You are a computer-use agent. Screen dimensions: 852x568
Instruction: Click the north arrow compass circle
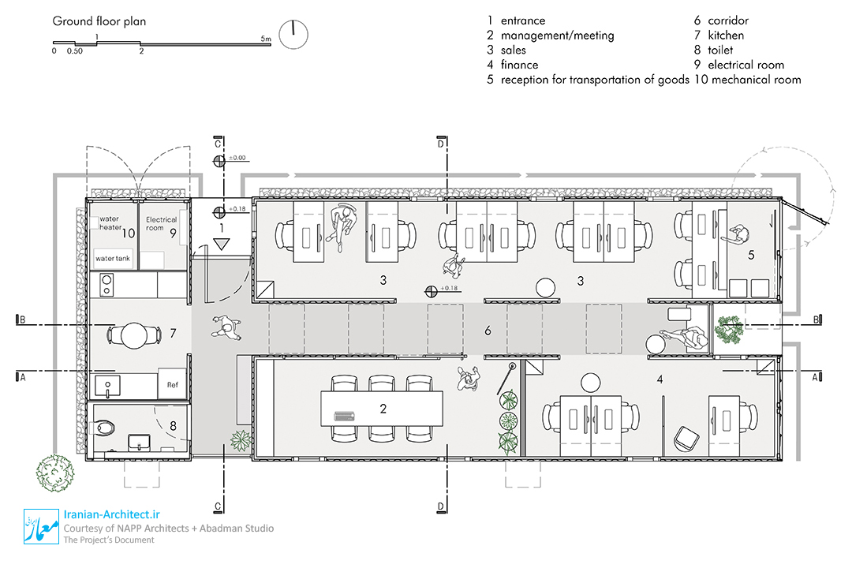click(x=293, y=35)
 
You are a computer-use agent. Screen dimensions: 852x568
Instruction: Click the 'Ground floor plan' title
click(x=99, y=21)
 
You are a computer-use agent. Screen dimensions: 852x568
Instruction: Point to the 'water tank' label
click(x=113, y=258)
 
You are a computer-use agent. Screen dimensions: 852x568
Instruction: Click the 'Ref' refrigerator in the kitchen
click(x=172, y=384)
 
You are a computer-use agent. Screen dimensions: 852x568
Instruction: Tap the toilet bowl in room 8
click(x=104, y=428)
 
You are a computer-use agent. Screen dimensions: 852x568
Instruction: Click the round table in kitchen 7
click(x=133, y=335)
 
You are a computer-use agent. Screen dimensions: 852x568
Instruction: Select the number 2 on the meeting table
click(x=383, y=408)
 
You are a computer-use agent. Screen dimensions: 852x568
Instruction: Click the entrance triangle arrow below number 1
click(x=221, y=244)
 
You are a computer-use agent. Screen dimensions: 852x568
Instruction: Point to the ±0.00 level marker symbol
click(x=219, y=161)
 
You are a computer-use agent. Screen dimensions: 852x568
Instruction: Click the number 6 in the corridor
click(x=488, y=331)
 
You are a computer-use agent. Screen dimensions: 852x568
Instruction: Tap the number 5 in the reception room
click(x=751, y=254)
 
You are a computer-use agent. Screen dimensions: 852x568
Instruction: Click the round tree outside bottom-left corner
click(x=54, y=473)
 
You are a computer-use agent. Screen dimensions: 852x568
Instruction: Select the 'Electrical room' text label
click(x=161, y=223)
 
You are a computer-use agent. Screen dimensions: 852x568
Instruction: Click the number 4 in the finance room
click(x=660, y=379)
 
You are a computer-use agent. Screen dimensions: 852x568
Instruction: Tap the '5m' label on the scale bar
click(x=266, y=39)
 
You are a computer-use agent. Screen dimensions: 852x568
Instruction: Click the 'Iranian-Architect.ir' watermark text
click(x=112, y=514)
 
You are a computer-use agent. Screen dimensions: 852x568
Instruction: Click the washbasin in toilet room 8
click(x=139, y=443)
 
